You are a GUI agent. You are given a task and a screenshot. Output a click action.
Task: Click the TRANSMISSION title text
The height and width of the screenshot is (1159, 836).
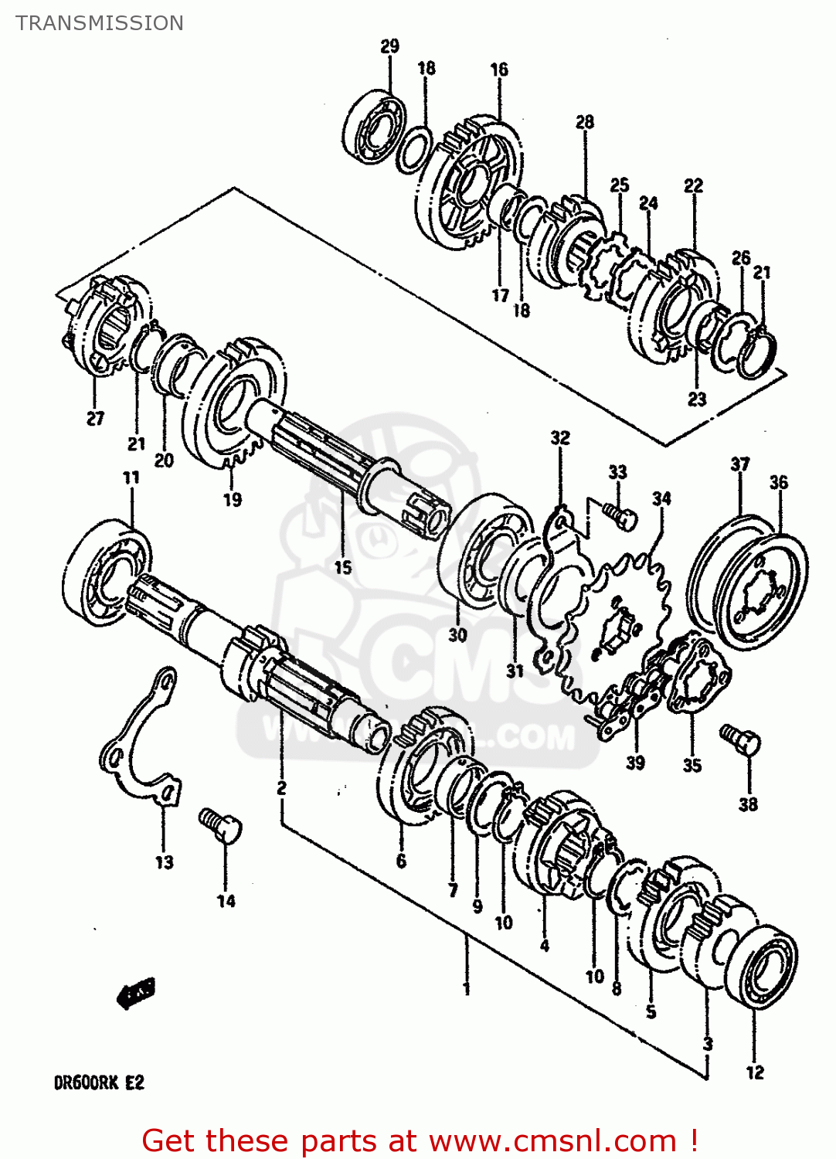(100, 23)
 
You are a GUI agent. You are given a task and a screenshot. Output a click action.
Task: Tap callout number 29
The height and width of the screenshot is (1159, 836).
(389, 46)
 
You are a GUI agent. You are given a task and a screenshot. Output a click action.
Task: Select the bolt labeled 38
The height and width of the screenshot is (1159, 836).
(740, 740)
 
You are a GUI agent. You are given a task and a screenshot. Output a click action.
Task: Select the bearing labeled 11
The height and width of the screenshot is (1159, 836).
(107, 571)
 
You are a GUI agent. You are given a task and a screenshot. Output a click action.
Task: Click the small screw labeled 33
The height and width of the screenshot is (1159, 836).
(620, 515)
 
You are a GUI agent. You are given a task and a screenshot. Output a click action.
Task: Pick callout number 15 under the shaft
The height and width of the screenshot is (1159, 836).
(342, 567)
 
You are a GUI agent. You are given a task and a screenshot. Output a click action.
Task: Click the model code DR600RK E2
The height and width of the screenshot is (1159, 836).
(99, 1083)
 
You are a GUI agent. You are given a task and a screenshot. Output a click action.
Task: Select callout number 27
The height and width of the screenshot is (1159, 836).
(95, 419)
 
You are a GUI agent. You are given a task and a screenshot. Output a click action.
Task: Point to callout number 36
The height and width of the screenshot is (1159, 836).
(778, 483)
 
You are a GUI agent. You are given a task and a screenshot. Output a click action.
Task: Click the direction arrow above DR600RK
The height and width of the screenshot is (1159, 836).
(137, 993)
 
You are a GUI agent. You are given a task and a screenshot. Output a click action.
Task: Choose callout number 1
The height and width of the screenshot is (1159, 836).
(466, 988)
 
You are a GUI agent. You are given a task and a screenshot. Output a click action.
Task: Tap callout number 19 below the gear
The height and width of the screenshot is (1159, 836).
(233, 500)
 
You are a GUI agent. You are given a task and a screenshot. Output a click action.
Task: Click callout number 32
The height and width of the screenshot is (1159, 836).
(559, 438)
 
